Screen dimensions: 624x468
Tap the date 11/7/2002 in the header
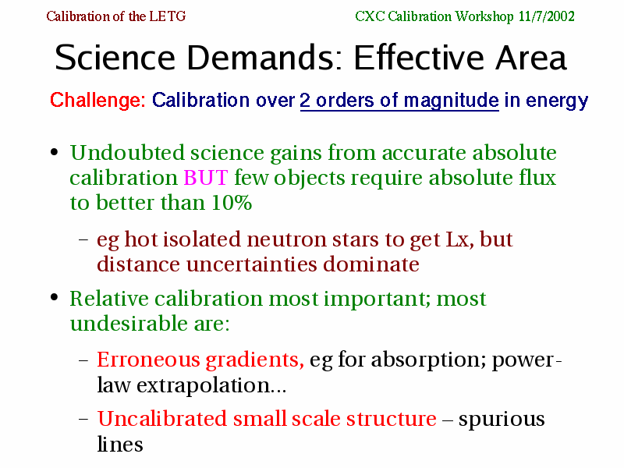pos(547,16)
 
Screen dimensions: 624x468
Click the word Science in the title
pos(115,57)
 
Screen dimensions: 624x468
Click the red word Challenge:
pos(98,100)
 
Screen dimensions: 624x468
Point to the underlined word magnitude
pos(451,101)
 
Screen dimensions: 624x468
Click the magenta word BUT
pos(206,178)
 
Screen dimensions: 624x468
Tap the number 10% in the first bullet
pos(232,203)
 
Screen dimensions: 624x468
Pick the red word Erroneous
pos(148,360)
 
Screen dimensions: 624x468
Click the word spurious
pos(502,420)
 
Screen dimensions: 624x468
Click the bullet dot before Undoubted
pos(55,152)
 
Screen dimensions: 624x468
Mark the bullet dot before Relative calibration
pos(55,297)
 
